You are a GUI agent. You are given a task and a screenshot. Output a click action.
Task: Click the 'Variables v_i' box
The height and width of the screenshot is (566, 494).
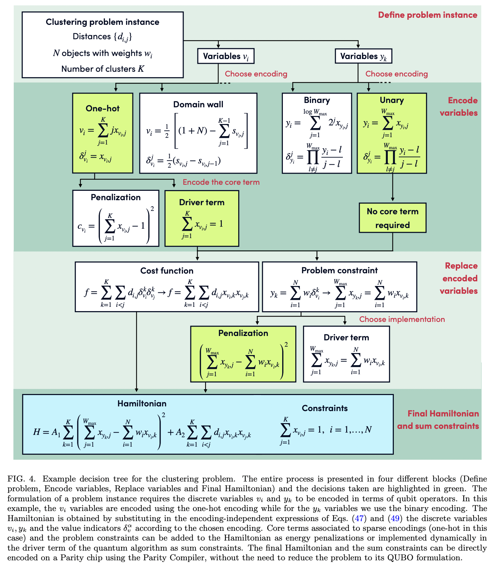pos(226,56)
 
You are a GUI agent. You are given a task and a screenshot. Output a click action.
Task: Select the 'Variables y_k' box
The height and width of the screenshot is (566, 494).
pos(363,56)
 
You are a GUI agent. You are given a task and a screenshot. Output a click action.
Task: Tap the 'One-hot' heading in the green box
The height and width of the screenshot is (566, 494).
pos(103,108)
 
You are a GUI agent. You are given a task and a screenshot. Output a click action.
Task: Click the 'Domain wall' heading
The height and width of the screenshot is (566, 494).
pos(198,104)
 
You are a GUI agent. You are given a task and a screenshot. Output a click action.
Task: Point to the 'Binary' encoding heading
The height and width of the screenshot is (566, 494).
pos(317,100)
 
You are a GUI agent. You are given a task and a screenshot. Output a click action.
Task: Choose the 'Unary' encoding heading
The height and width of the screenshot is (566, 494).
pos(391,100)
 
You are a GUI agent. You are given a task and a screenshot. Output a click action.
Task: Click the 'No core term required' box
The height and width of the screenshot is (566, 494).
pos(392,218)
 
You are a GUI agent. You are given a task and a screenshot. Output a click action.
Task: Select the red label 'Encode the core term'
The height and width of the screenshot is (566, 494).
pos(221,182)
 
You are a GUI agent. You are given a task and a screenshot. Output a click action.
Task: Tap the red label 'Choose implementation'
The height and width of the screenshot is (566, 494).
pos(402,319)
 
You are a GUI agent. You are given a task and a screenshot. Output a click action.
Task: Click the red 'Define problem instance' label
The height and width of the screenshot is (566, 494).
pos(427,15)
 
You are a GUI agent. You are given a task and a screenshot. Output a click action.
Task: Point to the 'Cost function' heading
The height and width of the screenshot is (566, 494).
pos(167,271)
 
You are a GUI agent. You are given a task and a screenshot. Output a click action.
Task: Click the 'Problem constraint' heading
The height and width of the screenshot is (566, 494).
pos(339,270)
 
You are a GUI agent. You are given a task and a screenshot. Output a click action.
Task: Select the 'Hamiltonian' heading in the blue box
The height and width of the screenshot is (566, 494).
pos(142,403)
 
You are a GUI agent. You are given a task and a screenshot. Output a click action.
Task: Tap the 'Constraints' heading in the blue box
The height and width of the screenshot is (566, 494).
pos(324,408)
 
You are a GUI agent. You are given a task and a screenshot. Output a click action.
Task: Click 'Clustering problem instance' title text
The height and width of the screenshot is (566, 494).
pos(103,22)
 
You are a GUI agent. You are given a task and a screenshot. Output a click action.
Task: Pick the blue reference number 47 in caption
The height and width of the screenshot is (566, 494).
pos(359,518)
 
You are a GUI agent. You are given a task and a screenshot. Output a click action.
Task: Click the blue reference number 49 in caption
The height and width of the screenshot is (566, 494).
pos(395,518)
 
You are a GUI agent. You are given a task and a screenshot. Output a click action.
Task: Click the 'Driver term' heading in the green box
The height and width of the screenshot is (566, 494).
pos(202,202)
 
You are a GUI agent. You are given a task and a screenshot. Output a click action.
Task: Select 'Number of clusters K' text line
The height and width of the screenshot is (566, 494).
pos(103,69)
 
